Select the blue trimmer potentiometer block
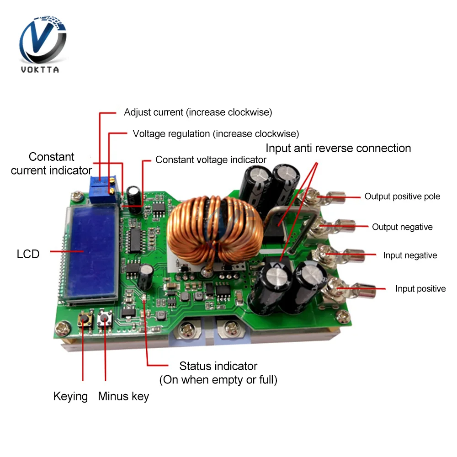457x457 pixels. (x=106, y=188)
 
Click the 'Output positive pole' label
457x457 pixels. (x=402, y=197)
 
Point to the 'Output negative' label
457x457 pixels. (x=402, y=227)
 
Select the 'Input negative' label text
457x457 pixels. (x=410, y=255)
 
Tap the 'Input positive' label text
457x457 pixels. (x=420, y=288)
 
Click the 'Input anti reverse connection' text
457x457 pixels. (x=338, y=148)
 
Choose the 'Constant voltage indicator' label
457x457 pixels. (x=211, y=159)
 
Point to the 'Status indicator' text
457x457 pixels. (x=218, y=366)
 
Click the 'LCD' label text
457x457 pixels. (x=28, y=254)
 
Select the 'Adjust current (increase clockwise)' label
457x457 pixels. (x=198, y=112)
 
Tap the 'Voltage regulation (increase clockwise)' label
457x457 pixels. (x=216, y=133)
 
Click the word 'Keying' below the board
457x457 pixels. (x=70, y=396)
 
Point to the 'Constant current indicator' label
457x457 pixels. (x=51, y=164)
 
